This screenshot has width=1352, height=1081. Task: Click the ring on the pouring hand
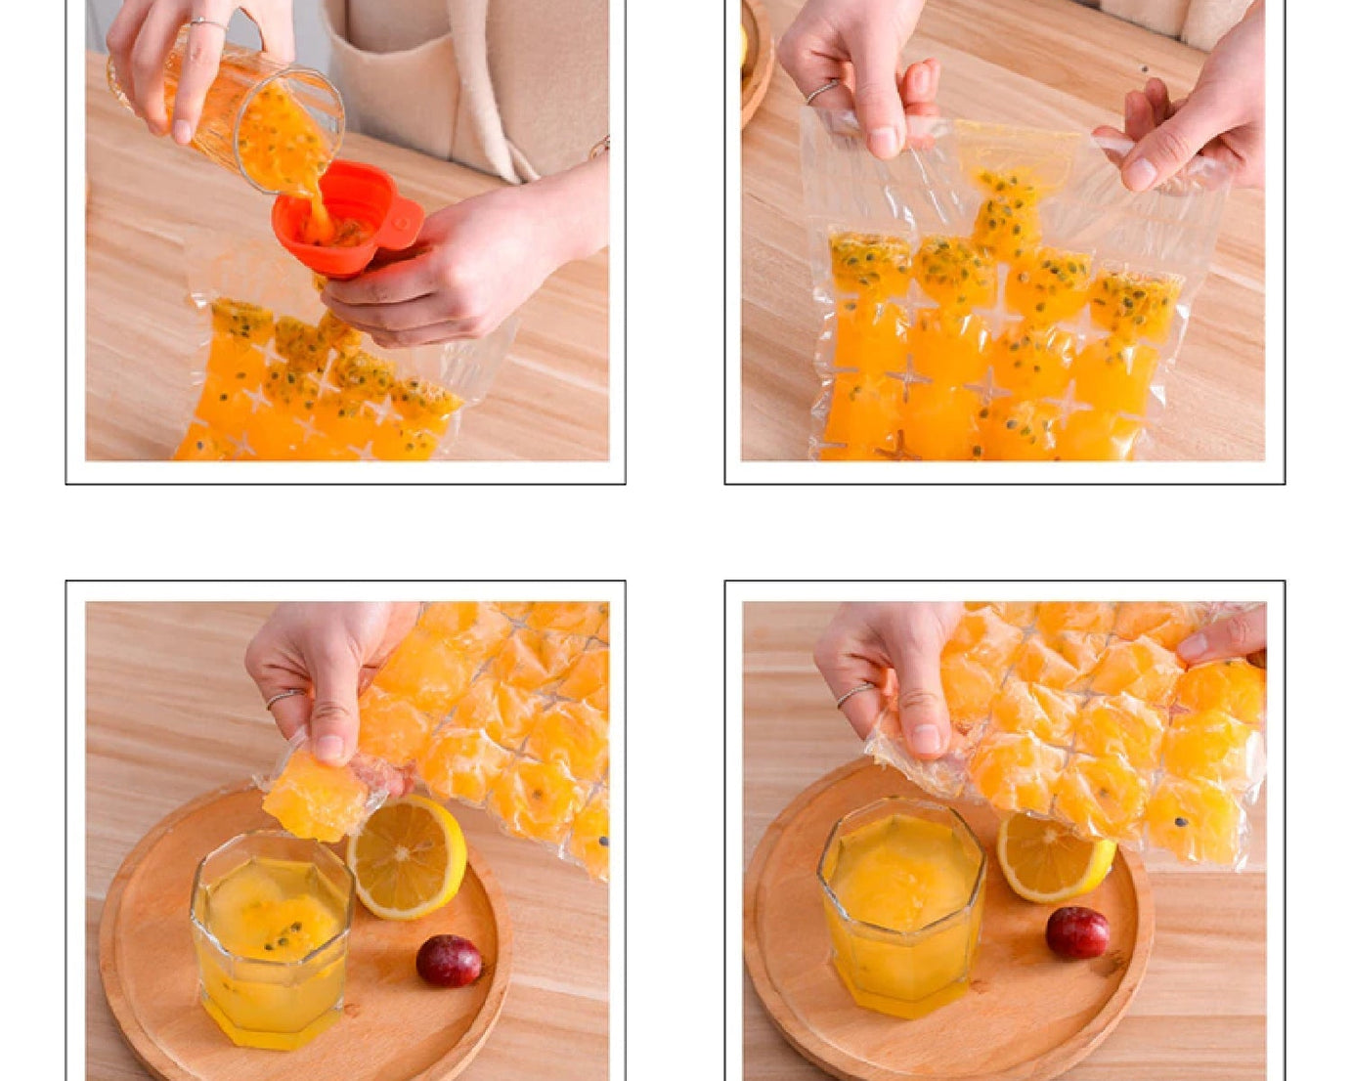(207, 22)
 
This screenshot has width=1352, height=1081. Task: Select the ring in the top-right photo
(821, 91)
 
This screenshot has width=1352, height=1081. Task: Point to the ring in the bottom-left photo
(284, 698)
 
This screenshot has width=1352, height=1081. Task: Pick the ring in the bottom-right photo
(852, 694)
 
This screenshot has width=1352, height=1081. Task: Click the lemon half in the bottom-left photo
(407, 857)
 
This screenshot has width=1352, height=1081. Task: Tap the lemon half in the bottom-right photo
(1054, 857)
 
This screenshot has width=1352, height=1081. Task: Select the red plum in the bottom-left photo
(449, 960)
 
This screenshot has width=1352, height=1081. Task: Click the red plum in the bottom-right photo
(1077, 931)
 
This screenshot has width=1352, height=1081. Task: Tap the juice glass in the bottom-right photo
(901, 904)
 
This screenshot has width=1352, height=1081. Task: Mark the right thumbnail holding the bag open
(1140, 173)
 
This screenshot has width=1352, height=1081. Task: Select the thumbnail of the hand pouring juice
(182, 130)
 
